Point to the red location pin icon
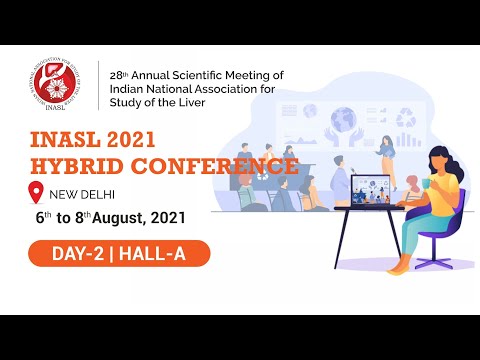[38, 192]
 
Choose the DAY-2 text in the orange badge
[78, 255]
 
